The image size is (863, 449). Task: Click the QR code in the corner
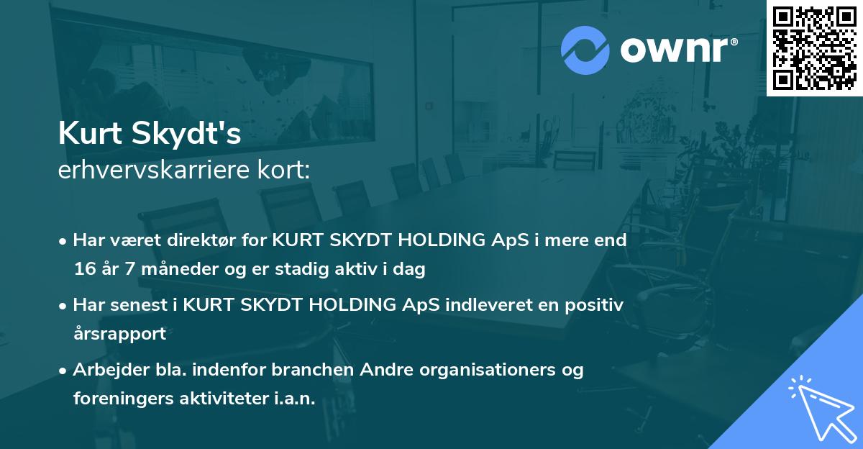point(815,47)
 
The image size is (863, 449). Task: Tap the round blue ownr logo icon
point(585,50)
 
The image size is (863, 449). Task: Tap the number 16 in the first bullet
point(85,269)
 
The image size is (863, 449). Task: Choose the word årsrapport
point(119,333)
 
